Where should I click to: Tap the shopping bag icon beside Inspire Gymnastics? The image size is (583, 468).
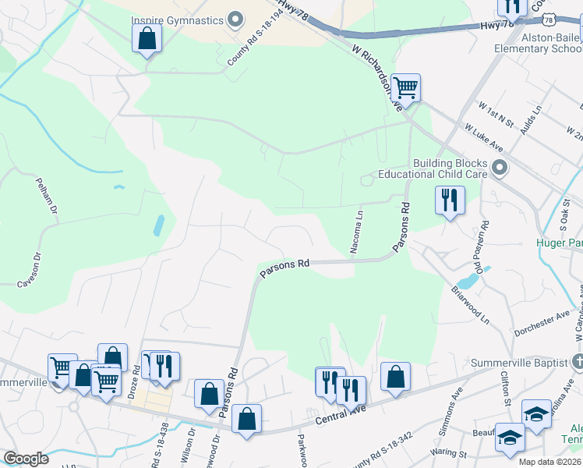click(146, 37)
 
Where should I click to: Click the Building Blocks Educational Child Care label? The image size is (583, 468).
click(433, 168)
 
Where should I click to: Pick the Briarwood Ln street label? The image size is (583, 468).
click(470, 303)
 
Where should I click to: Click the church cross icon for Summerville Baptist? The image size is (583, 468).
click(577, 362)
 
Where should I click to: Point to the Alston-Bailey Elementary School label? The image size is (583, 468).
click(538, 42)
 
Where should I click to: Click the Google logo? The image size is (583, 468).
click(26, 459)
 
